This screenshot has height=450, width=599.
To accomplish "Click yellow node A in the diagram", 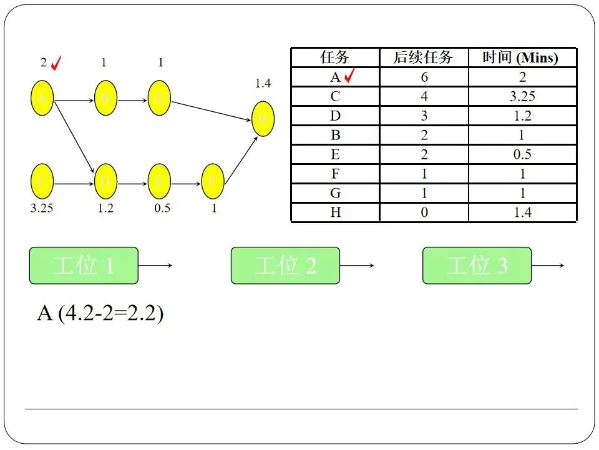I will (42, 99).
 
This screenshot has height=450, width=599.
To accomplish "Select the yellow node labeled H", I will (263, 118).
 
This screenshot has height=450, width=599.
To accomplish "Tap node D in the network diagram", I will (105, 181).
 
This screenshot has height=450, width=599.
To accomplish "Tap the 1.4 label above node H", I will (263, 83).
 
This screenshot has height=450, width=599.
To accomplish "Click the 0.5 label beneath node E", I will (162, 208).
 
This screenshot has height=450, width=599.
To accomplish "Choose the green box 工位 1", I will (84, 266).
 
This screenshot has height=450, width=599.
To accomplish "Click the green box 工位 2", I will (285, 266).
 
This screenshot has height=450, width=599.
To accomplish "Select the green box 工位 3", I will (477, 266).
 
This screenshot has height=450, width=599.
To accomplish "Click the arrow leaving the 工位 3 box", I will (548, 266).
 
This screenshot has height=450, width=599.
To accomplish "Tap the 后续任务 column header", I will (424, 58).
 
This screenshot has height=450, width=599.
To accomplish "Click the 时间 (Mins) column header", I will (522, 58).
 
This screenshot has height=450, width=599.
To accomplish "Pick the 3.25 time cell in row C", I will (522, 96).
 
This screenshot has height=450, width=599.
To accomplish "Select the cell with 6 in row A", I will (424, 77).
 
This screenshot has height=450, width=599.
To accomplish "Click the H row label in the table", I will (335, 212).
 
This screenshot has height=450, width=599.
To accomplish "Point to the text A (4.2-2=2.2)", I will (100, 312).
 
